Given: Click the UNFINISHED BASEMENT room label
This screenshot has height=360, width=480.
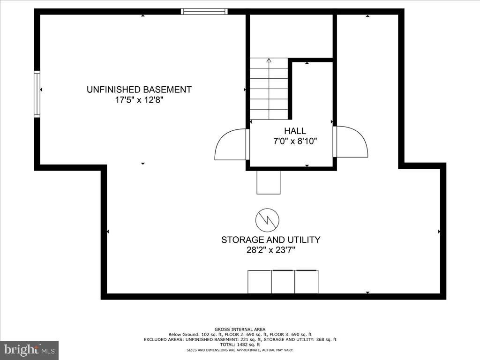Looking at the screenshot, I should coord(139,90).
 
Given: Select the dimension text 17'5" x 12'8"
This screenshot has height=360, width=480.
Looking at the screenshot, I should coord(139,100).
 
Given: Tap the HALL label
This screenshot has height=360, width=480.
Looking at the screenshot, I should coord(295,131).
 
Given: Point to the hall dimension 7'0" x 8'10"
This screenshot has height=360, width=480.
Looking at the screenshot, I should coord(295,141).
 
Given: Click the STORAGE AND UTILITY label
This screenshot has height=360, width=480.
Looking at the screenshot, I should coord(270,240).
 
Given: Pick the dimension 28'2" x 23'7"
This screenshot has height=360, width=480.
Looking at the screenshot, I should coord(270,250).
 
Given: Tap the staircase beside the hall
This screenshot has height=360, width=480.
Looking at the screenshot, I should coord(269,89).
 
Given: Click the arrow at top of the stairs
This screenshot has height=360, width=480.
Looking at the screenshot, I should coord(269,60).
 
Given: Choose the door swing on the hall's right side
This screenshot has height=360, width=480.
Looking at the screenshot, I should coord(352,142).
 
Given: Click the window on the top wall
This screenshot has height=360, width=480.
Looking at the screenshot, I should coord(204,11).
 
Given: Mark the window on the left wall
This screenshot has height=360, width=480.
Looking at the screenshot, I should coord(37,93).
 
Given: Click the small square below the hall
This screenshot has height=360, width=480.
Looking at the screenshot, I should coord(269,182).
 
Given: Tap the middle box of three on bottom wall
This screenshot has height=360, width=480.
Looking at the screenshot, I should coord(283,282).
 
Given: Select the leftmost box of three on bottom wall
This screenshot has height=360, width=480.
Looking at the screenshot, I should coord(259,282).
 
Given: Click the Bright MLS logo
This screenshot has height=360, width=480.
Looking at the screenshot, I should coord(29,350).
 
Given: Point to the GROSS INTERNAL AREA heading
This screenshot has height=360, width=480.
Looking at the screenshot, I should coord(240,330).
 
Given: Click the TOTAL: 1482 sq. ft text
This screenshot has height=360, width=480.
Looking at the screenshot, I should coord(240,345).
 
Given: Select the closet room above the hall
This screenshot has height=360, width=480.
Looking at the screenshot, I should coord(291,37).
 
